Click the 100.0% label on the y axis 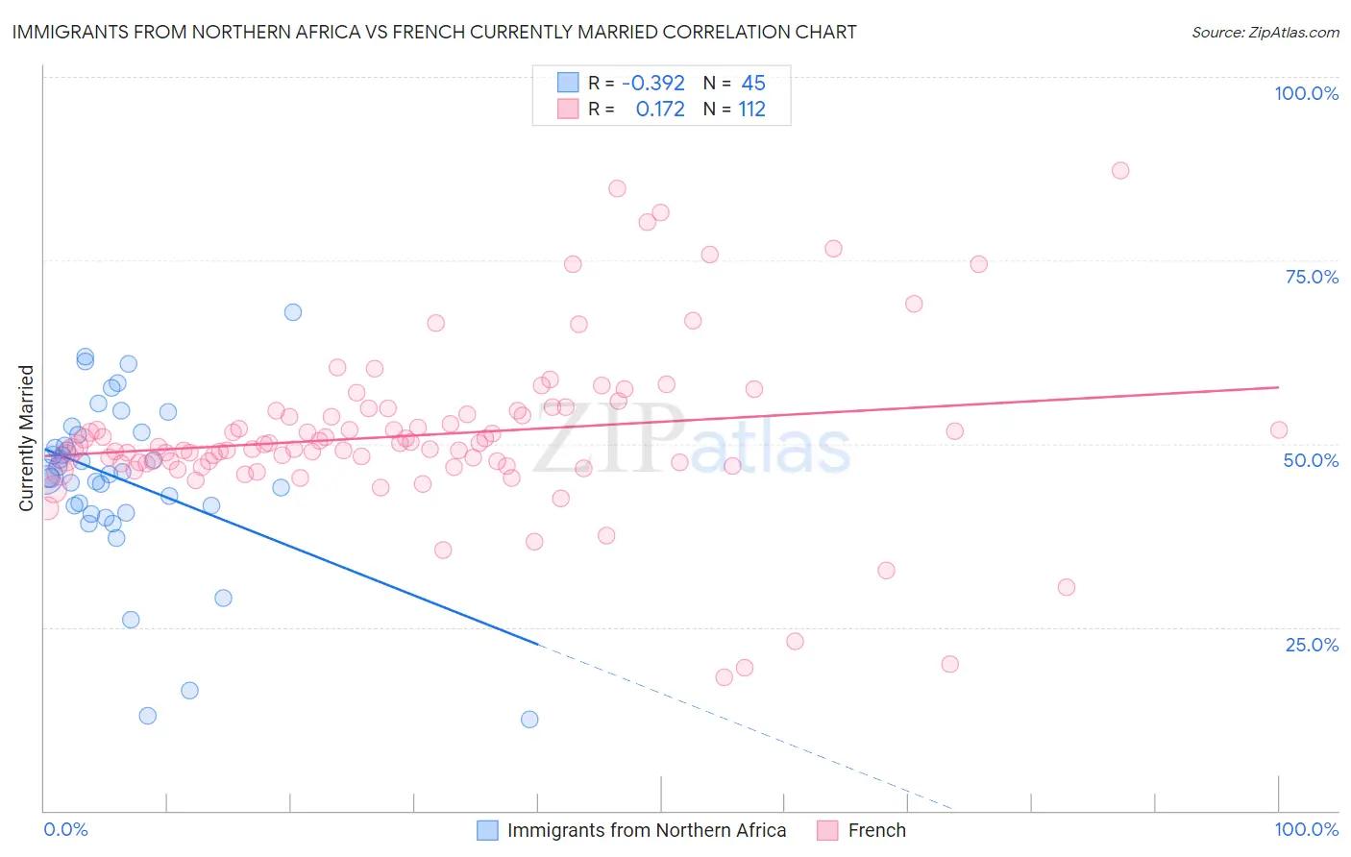click(1306, 93)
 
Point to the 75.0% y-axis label click(1312, 277)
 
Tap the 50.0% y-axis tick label click(1311, 460)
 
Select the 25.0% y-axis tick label click(1312, 644)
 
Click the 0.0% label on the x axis click(65, 829)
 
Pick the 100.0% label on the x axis click(1306, 829)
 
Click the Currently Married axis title click(26, 438)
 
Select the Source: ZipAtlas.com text click(1265, 32)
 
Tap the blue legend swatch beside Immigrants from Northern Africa click(488, 830)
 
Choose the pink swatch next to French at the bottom click(827, 830)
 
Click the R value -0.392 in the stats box click(653, 84)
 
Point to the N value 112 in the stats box click(751, 110)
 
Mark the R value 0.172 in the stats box click(660, 110)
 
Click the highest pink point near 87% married click(1119, 170)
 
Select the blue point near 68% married click(293, 312)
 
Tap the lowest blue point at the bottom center click(529, 719)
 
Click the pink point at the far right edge click(1278, 429)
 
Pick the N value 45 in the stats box click(753, 84)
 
